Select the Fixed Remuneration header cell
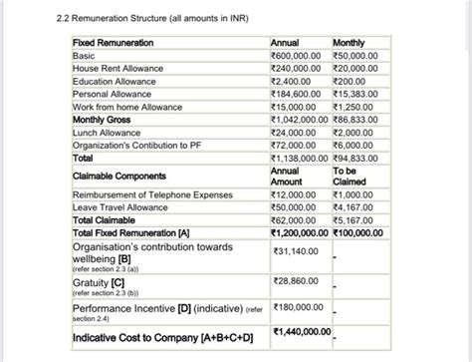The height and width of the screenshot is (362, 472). pos(113,45)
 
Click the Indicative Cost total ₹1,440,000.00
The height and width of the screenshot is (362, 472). pos(304,331)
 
